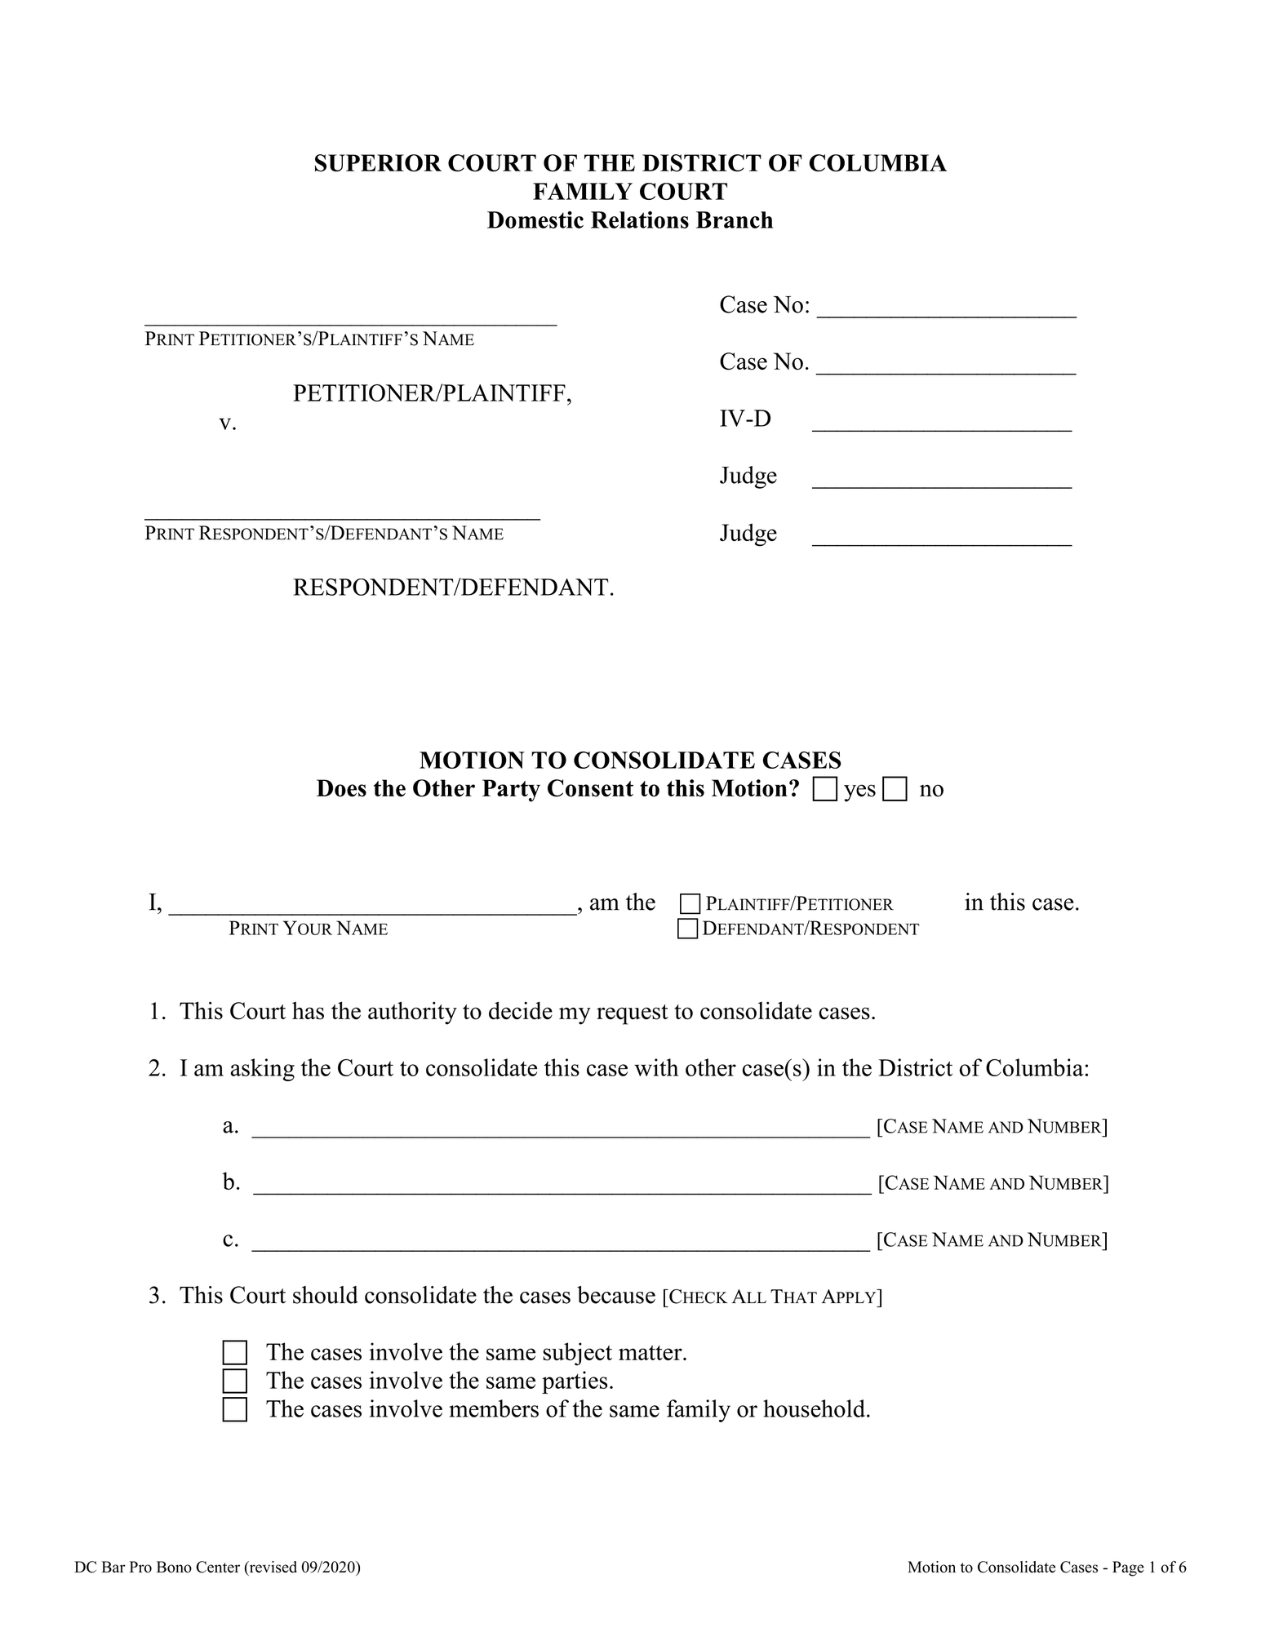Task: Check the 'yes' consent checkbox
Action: [x=825, y=790]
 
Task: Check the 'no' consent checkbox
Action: [x=895, y=790]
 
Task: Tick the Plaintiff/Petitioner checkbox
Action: [x=690, y=904]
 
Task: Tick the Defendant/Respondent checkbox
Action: [x=688, y=929]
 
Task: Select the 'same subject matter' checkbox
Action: [x=235, y=1353]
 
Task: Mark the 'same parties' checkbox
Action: [x=235, y=1381]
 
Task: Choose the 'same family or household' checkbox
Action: [x=235, y=1409]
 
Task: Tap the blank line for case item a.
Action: [x=561, y=1129]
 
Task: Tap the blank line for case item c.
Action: [x=561, y=1243]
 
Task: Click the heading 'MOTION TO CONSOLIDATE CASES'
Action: [x=630, y=761]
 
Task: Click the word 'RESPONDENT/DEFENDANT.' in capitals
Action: [x=453, y=588]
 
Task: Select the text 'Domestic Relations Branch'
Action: [x=630, y=220]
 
